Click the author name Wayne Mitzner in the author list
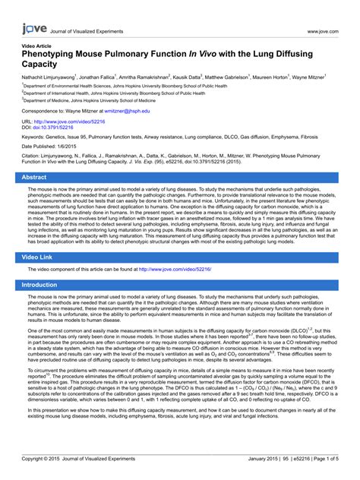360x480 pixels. pos(307,77)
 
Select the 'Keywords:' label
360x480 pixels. pos(34,137)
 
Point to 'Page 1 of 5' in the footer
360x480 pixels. pos(322,459)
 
